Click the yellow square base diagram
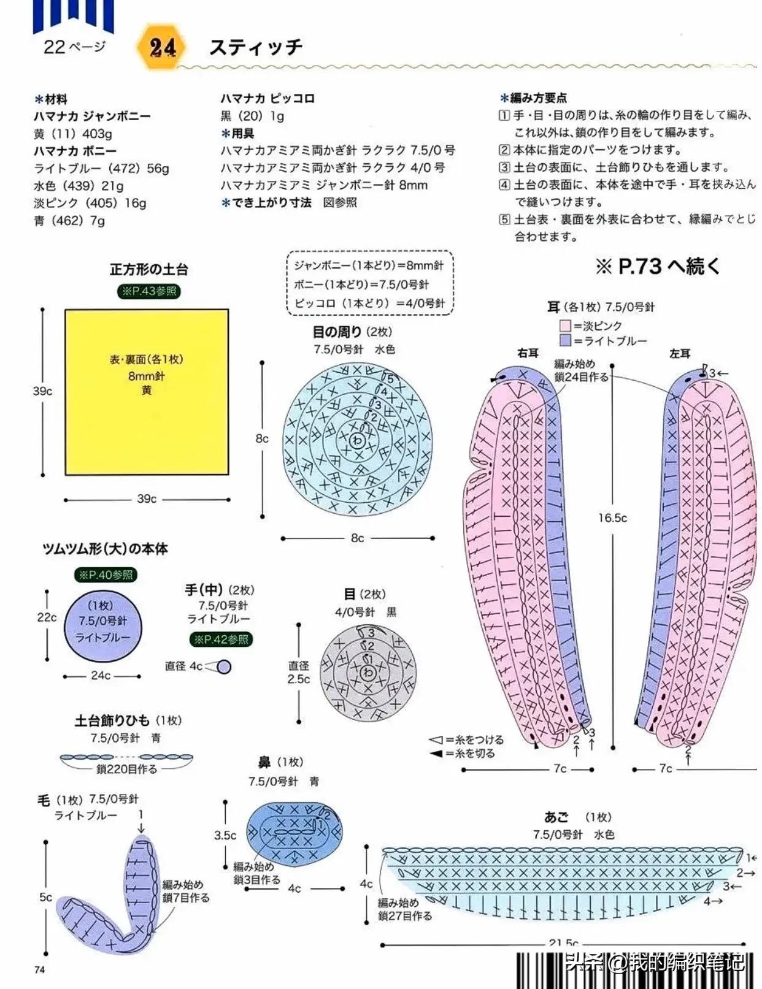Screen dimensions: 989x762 click(x=147, y=392)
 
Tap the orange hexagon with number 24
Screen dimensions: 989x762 click(x=162, y=47)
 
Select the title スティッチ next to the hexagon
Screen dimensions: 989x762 click(x=256, y=47)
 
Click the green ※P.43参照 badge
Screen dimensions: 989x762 click(x=148, y=291)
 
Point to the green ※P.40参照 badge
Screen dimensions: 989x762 click(x=106, y=575)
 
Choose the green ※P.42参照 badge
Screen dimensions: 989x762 click(x=221, y=640)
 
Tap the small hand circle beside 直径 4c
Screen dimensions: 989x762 click(x=224, y=666)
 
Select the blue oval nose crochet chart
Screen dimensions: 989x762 click(x=294, y=833)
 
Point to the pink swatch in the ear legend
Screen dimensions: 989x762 click(x=565, y=326)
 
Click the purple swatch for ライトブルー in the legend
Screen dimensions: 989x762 click(x=565, y=340)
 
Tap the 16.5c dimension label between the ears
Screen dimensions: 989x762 click(x=612, y=518)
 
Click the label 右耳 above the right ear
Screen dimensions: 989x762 click(x=528, y=353)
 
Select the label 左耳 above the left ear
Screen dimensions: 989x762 click(x=680, y=354)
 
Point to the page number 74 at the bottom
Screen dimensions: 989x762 click(x=40, y=969)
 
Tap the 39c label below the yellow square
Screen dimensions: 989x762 click(x=147, y=499)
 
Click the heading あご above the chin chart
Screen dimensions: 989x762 click(x=556, y=817)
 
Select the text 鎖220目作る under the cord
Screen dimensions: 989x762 click(x=127, y=769)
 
